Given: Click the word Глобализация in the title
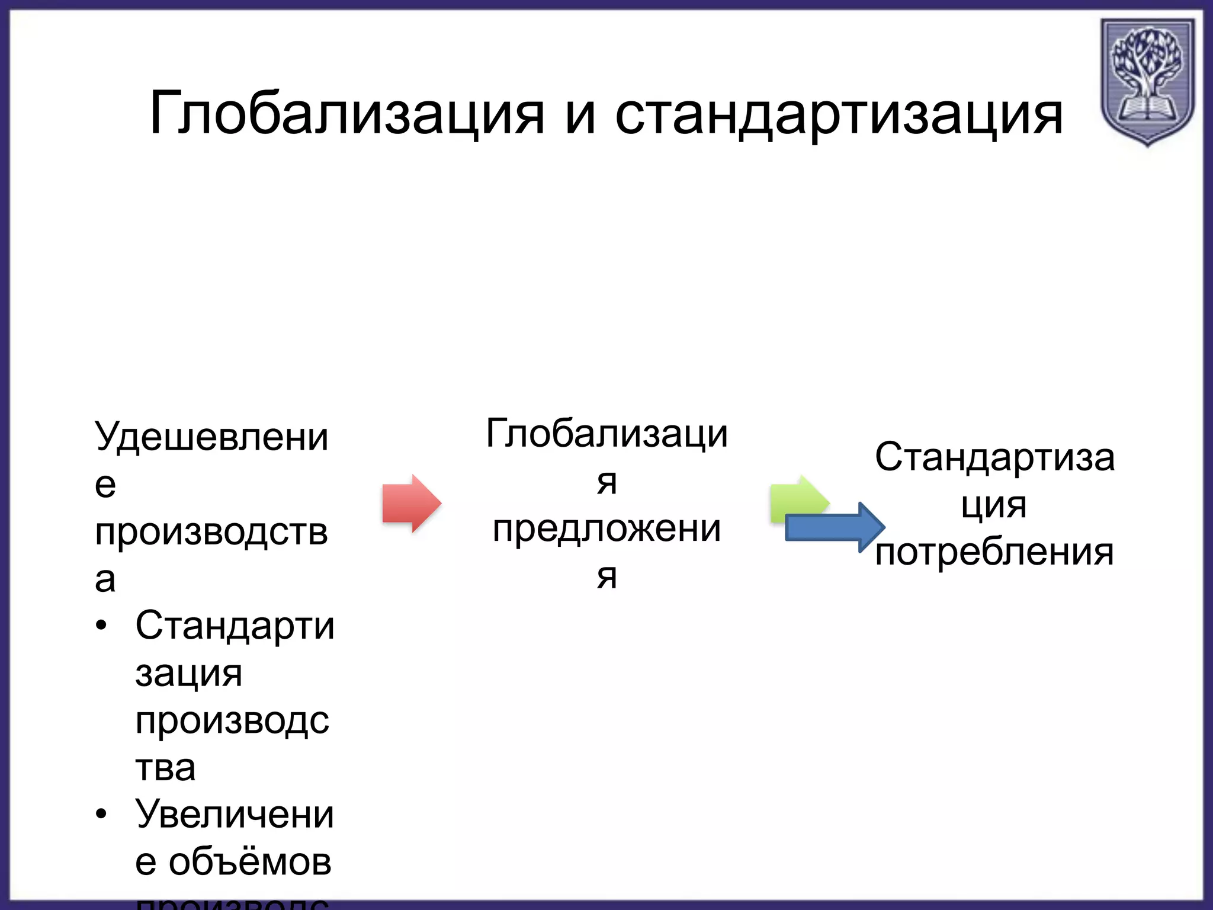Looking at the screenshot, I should (346, 114).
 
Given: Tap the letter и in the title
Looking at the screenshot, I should (580, 116).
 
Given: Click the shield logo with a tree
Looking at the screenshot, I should (1147, 80).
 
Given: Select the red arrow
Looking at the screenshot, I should (411, 503).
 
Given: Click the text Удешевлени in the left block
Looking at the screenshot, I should (211, 437).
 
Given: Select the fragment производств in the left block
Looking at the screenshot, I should (211, 532).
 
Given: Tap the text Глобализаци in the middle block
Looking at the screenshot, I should (606, 434).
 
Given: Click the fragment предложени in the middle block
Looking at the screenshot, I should (606, 528).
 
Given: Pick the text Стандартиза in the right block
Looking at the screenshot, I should (994, 457).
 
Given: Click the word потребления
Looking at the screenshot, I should (994, 552).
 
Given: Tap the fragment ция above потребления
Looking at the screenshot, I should (994, 507).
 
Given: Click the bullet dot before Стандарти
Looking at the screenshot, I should (102, 626).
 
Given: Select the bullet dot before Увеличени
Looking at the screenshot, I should (102, 814).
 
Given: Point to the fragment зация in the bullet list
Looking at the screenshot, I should (188, 674).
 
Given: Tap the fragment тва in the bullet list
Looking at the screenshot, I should (165, 768).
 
